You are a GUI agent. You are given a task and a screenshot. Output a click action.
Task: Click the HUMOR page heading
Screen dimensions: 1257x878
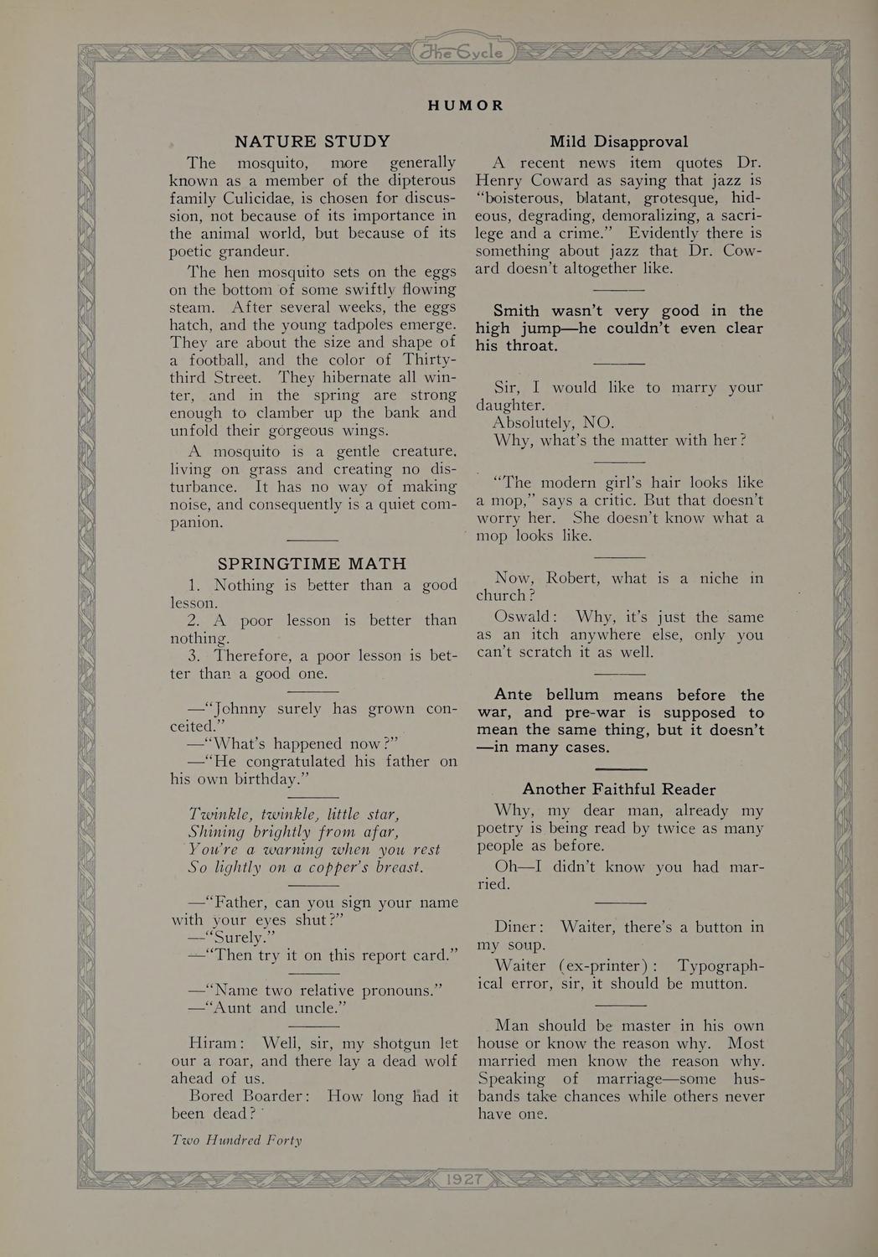click(x=466, y=106)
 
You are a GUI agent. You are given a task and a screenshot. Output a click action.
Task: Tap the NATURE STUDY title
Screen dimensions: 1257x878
click(x=312, y=142)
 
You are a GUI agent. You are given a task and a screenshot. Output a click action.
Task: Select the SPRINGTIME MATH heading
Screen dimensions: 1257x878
click(x=312, y=564)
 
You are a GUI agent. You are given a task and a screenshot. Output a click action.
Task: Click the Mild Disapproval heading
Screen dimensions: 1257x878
click(x=619, y=142)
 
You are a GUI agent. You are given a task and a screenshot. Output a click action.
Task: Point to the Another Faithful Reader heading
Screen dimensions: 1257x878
click(x=619, y=789)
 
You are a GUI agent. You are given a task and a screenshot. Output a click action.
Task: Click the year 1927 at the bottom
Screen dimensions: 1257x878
click(x=464, y=1179)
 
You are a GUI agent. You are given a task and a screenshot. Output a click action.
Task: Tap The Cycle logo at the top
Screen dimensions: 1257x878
click(x=462, y=52)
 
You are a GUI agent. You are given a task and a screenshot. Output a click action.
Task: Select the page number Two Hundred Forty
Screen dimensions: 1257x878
click(x=236, y=1140)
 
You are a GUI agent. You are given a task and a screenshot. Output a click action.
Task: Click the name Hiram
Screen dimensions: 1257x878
click(x=216, y=1043)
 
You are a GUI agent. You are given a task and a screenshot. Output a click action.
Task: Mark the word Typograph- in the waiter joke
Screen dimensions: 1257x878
click(x=720, y=965)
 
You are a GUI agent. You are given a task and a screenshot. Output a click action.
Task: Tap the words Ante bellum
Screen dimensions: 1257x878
click(x=546, y=695)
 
